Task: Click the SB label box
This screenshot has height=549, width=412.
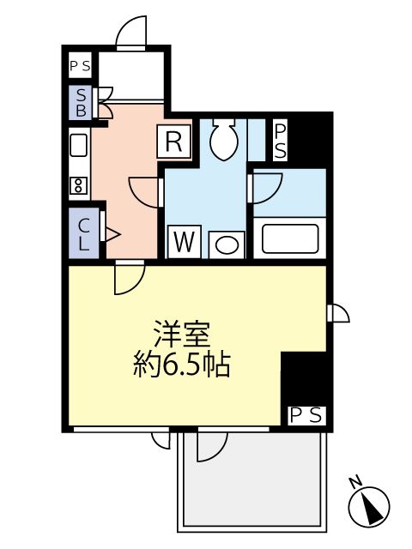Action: (x=81, y=102)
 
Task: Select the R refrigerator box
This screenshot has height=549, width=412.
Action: (x=173, y=142)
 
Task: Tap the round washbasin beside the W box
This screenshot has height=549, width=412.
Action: (x=225, y=245)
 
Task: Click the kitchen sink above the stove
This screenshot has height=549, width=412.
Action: (x=77, y=146)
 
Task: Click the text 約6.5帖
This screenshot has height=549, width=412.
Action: (x=181, y=366)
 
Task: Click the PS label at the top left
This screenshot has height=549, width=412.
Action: (x=81, y=66)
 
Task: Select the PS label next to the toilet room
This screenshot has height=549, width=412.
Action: (x=280, y=141)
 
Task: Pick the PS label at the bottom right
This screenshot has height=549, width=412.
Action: (x=306, y=415)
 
